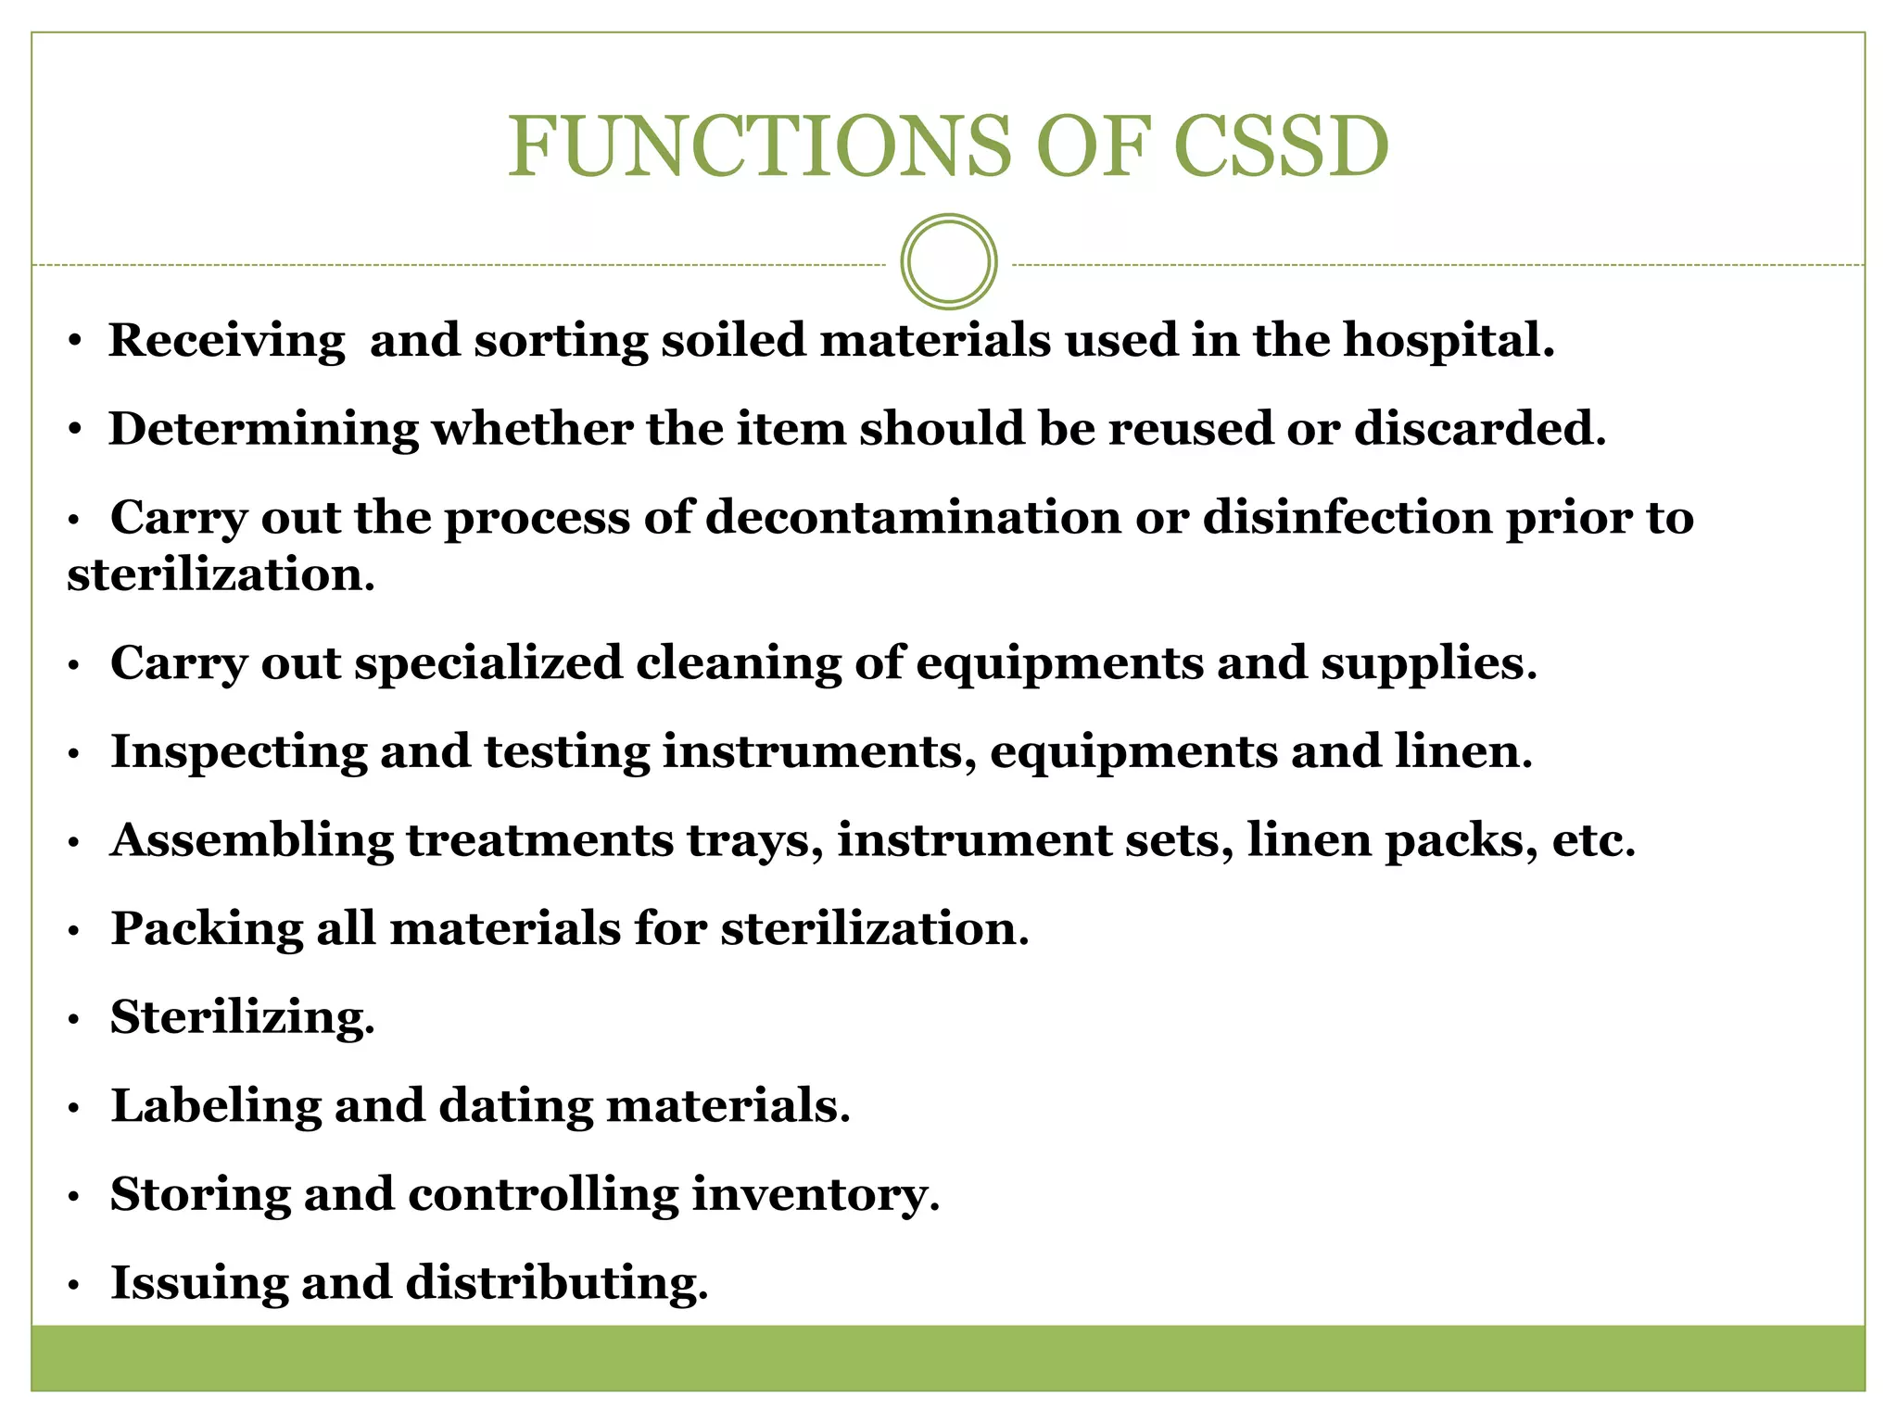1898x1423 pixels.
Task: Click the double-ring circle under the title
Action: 948,262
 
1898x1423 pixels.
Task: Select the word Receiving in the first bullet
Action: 226,340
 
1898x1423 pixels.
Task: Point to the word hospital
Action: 1449,340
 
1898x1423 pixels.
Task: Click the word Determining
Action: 263,429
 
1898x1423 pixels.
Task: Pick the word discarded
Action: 1479,429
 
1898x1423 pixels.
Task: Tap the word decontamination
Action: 913,517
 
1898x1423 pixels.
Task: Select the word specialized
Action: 488,663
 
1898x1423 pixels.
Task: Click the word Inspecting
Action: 238,751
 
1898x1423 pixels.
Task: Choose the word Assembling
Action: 251,840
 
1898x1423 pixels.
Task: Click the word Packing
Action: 206,929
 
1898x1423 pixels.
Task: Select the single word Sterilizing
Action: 242,1018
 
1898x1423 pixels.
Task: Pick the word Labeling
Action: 216,1106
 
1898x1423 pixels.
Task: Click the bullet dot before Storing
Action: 75,1198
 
